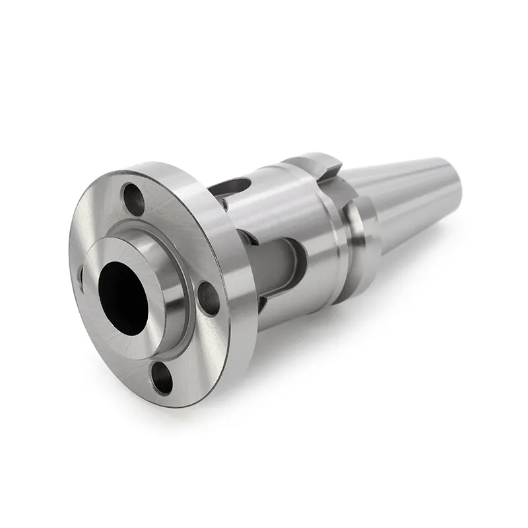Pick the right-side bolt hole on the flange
pos(209,299)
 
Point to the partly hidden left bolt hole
pos(81,277)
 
